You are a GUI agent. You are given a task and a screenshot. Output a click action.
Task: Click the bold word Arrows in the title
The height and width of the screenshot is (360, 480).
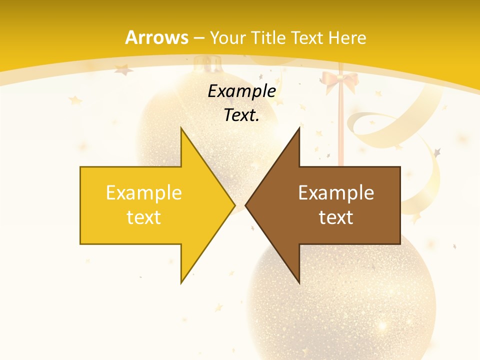point(157,38)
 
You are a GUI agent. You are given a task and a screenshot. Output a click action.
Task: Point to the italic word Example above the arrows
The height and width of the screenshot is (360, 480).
point(242,91)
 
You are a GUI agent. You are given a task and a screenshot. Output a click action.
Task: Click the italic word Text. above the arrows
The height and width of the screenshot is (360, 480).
point(242,115)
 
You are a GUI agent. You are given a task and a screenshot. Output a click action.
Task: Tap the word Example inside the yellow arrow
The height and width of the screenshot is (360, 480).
point(144,192)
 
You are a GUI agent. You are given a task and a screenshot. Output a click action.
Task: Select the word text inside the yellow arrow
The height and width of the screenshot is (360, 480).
point(144,217)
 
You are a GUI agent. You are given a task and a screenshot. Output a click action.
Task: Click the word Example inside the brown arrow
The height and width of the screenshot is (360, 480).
point(336,192)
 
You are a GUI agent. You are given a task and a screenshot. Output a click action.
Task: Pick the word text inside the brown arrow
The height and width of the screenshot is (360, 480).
point(336,217)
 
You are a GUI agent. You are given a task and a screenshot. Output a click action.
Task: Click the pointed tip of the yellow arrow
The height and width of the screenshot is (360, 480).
point(234,205)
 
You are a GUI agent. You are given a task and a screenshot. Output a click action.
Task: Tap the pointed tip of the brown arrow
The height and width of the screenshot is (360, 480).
point(246,205)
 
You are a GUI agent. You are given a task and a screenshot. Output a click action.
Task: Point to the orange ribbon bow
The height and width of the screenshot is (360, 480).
point(340,80)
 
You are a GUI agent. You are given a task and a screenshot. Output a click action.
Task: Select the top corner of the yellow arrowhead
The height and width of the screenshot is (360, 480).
point(181,128)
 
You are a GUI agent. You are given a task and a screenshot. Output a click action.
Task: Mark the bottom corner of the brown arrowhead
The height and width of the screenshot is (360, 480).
point(299,282)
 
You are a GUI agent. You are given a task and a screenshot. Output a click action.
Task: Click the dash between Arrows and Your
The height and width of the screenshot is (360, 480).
point(199,38)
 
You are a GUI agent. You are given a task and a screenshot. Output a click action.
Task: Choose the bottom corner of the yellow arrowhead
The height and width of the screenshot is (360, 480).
point(181,282)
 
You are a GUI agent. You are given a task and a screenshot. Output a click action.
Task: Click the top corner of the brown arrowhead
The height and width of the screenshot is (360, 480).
point(299,128)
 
